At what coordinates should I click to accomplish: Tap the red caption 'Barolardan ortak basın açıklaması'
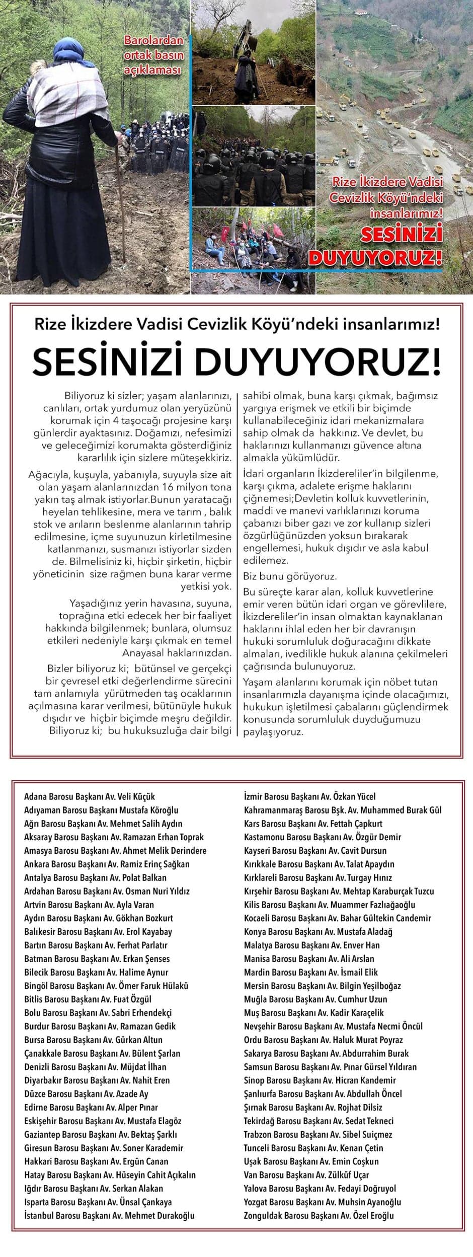(153, 55)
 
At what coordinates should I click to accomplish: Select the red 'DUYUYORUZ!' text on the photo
(375, 257)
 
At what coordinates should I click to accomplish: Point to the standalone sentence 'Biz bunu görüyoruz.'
(290, 576)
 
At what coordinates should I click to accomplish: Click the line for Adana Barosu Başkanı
(90, 797)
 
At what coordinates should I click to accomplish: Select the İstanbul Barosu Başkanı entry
(109, 1216)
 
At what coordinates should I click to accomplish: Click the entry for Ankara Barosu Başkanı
(107, 864)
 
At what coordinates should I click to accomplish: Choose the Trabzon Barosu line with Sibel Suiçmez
(318, 1135)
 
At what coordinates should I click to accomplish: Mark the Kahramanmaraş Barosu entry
(343, 810)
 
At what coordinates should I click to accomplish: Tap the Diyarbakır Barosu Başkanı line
(97, 1080)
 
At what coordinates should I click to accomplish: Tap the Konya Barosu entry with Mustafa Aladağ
(318, 932)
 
